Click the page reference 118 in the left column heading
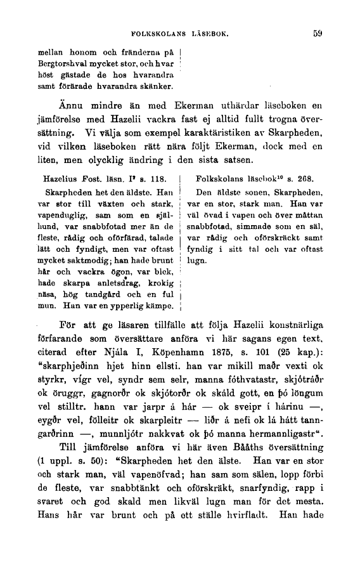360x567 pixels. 158,180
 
